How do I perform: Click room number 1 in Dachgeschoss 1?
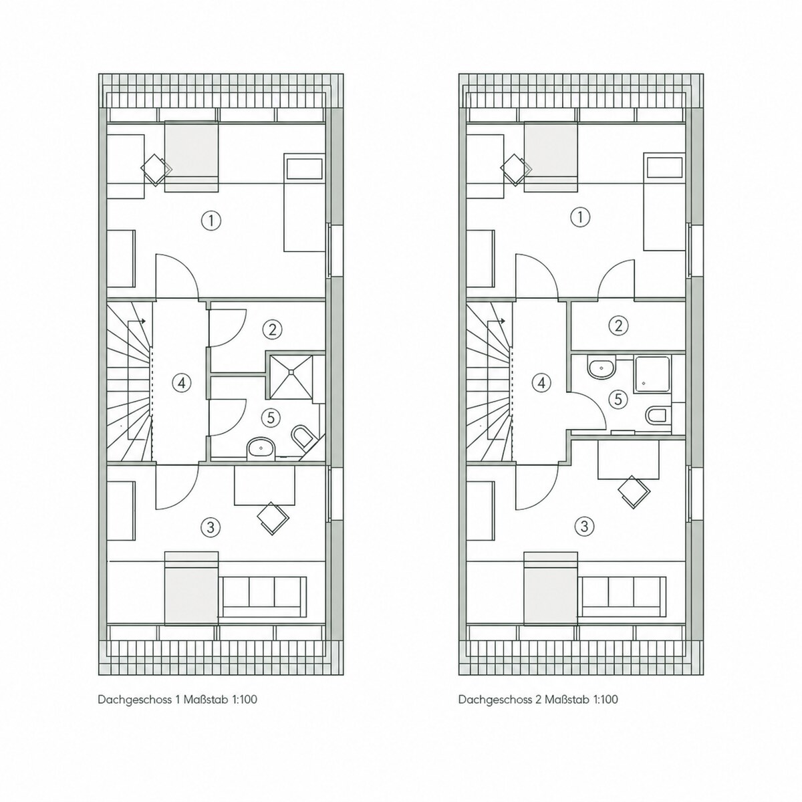point(211,220)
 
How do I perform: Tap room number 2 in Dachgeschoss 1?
point(272,329)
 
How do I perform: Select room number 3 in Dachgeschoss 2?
point(584,527)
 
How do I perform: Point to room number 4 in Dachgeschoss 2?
point(541,382)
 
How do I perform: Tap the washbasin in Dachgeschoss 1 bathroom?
point(261,448)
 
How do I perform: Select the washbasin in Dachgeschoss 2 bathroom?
point(601,367)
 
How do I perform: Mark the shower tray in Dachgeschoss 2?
point(652,374)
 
